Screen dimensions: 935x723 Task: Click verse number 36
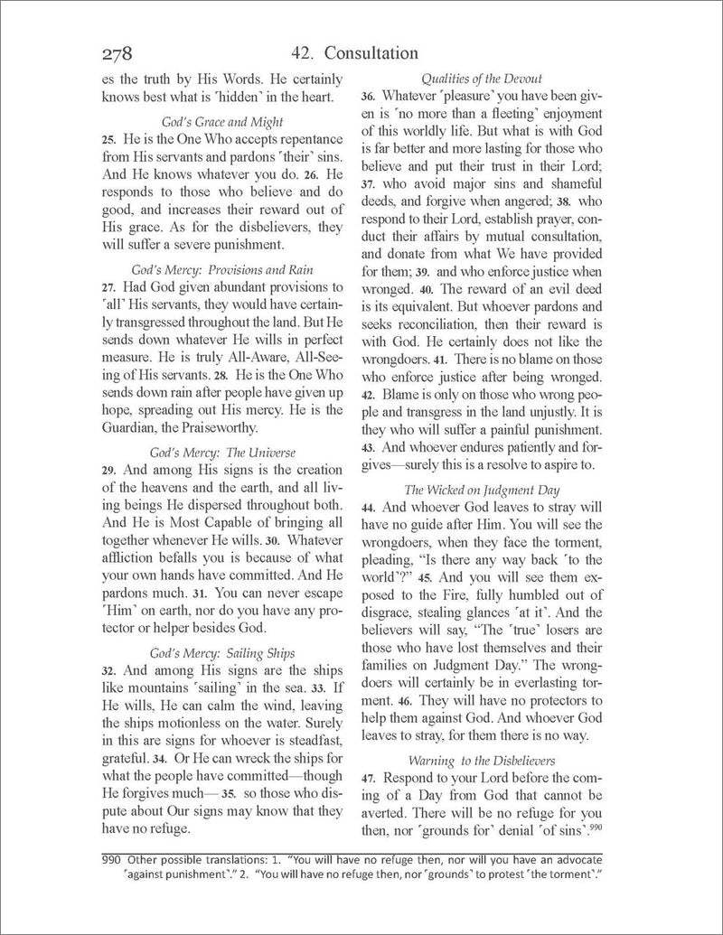[x=369, y=98]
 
